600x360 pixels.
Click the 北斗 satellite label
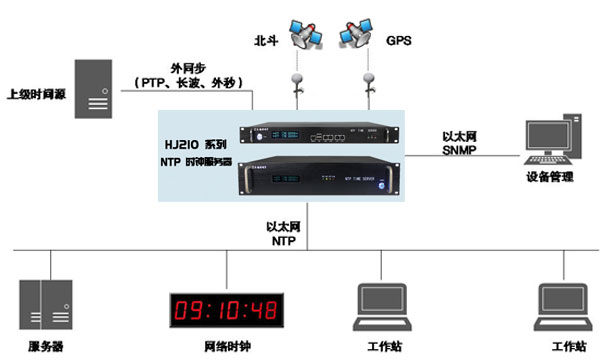[267, 42]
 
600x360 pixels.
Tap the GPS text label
[399, 42]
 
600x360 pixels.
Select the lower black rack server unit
[318, 177]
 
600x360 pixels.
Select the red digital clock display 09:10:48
[225, 308]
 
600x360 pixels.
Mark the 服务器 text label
[45, 346]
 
